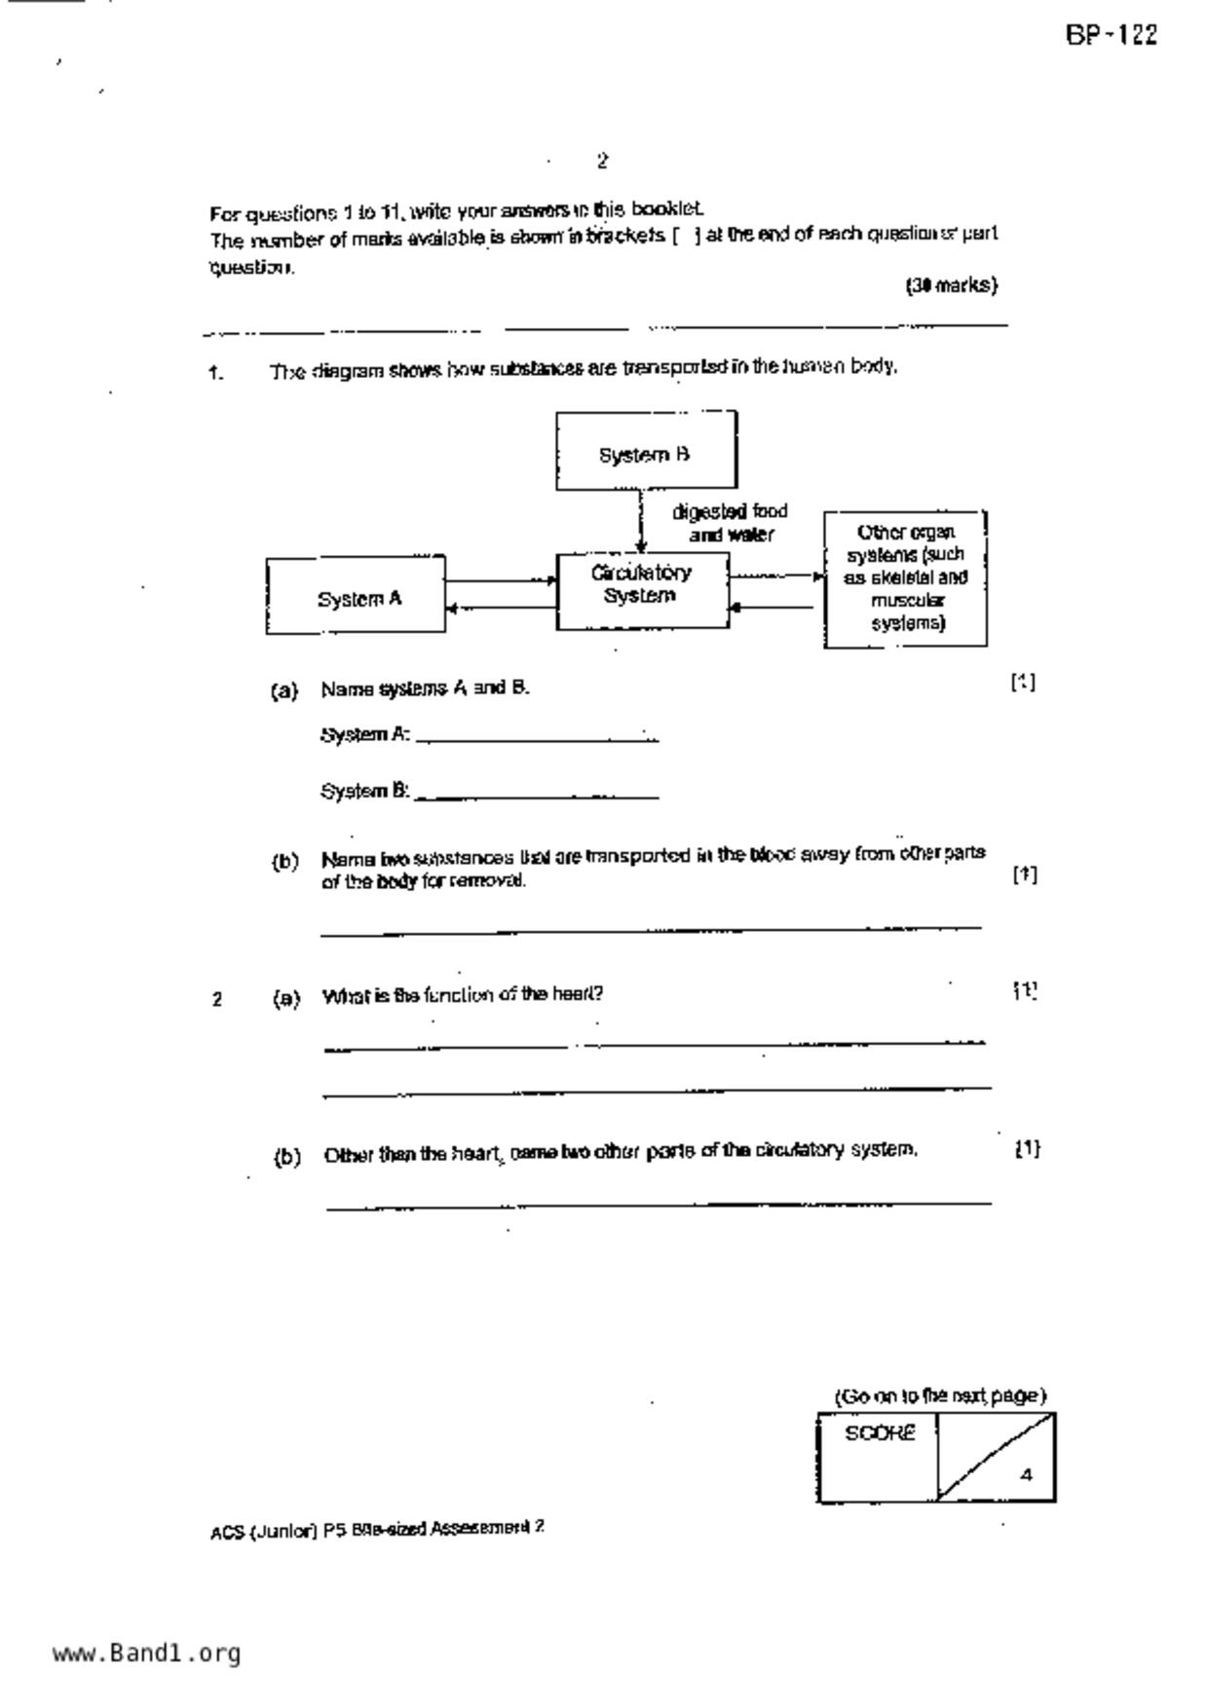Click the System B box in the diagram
(x=646, y=450)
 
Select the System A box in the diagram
(x=356, y=596)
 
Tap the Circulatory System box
(x=642, y=589)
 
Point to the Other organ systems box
(x=905, y=578)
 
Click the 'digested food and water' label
(x=730, y=523)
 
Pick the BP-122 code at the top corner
(x=1111, y=36)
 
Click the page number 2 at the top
(x=602, y=161)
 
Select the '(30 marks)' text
(x=952, y=285)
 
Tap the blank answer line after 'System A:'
(x=537, y=740)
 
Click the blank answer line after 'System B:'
(x=537, y=797)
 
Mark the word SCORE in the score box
(x=880, y=1433)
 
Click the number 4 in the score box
(x=1026, y=1474)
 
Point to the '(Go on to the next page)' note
(x=940, y=1395)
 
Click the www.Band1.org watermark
(x=146, y=1652)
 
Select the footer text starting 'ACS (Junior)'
(x=376, y=1529)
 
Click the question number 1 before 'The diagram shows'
(x=215, y=372)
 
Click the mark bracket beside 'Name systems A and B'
(x=1023, y=683)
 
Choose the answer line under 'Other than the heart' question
(x=659, y=1206)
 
